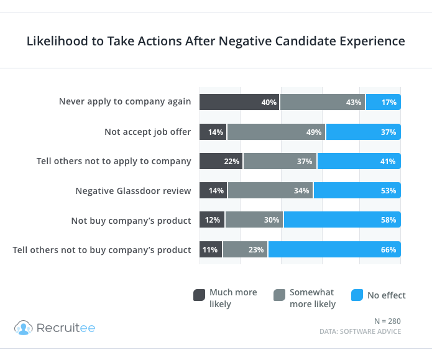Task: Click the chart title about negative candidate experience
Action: (216, 42)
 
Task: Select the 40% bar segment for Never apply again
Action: (239, 102)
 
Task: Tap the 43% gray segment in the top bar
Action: (323, 102)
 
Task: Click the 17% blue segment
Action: (383, 102)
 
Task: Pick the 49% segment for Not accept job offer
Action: (276, 132)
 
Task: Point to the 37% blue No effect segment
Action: (363, 132)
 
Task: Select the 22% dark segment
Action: (221, 161)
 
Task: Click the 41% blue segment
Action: (359, 161)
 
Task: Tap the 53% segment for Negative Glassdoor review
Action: (357, 190)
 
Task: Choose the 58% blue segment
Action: (342, 220)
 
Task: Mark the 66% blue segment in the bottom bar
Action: (334, 249)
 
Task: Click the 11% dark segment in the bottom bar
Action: (211, 249)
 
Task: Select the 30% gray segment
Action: (254, 220)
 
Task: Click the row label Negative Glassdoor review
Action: (133, 190)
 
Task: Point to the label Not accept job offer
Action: (148, 132)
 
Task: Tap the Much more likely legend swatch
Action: (199, 295)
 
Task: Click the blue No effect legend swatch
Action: (357, 295)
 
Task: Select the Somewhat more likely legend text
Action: (313, 298)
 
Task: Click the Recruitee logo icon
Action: (23, 328)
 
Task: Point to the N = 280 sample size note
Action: (387, 321)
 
